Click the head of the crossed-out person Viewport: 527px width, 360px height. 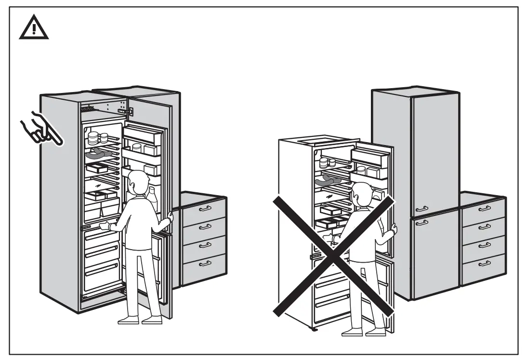point(360,195)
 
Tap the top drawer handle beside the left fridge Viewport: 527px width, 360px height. point(205,208)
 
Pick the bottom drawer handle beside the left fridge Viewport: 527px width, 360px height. point(205,263)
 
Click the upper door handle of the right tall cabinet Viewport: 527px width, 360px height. point(421,209)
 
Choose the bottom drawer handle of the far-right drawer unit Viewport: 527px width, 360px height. point(484,263)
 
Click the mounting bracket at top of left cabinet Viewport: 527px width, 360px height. point(127,111)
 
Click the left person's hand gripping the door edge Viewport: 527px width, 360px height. point(169,220)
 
